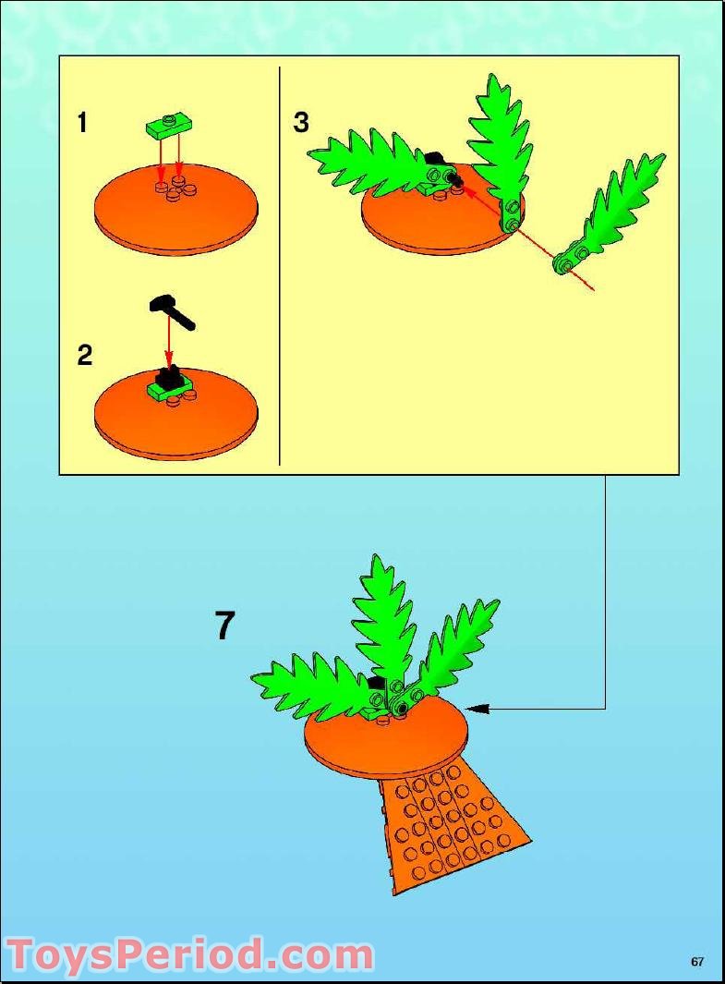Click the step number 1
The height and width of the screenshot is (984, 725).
point(82,123)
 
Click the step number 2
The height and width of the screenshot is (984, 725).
point(84,356)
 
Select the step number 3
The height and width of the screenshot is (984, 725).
point(301,123)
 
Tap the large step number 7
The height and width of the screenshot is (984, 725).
point(225,626)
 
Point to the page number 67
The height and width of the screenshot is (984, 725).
point(697,962)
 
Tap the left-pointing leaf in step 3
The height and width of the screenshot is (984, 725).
point(365,162)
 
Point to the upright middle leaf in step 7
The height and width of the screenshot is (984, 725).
point(383,619)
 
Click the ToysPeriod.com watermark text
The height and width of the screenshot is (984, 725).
point(189,954)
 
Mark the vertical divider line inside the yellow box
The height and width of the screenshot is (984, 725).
point(280,268)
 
